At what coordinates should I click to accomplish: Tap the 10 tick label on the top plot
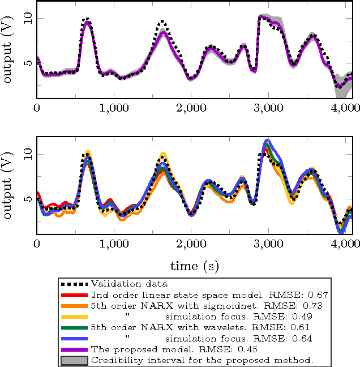click(23, 18)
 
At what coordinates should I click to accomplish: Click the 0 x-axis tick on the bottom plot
click(37, 242)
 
